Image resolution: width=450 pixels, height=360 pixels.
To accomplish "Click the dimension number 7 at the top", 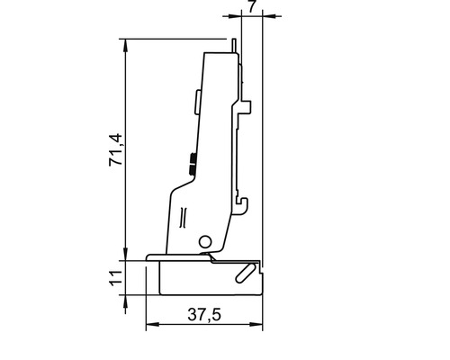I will coord(251,6).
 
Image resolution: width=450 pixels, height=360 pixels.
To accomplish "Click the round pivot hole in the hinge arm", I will coord(205,241).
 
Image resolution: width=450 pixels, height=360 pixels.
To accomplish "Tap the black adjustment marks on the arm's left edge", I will coord(192,164).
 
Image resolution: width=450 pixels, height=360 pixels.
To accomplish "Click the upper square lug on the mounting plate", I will coord(244,108).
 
